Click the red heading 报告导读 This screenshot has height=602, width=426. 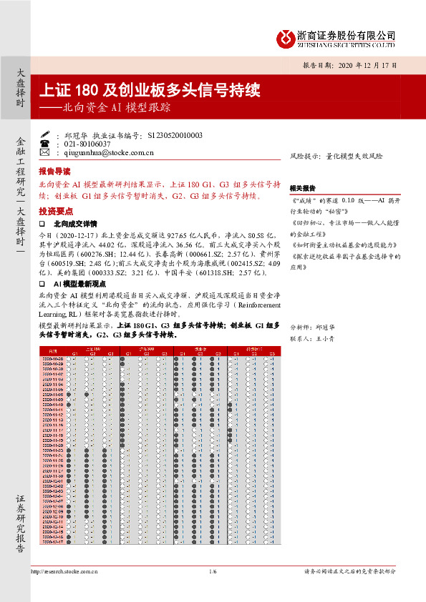(54, 172)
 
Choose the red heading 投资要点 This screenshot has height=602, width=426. (54, 211)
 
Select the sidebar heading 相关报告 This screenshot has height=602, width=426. (302, 188)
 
